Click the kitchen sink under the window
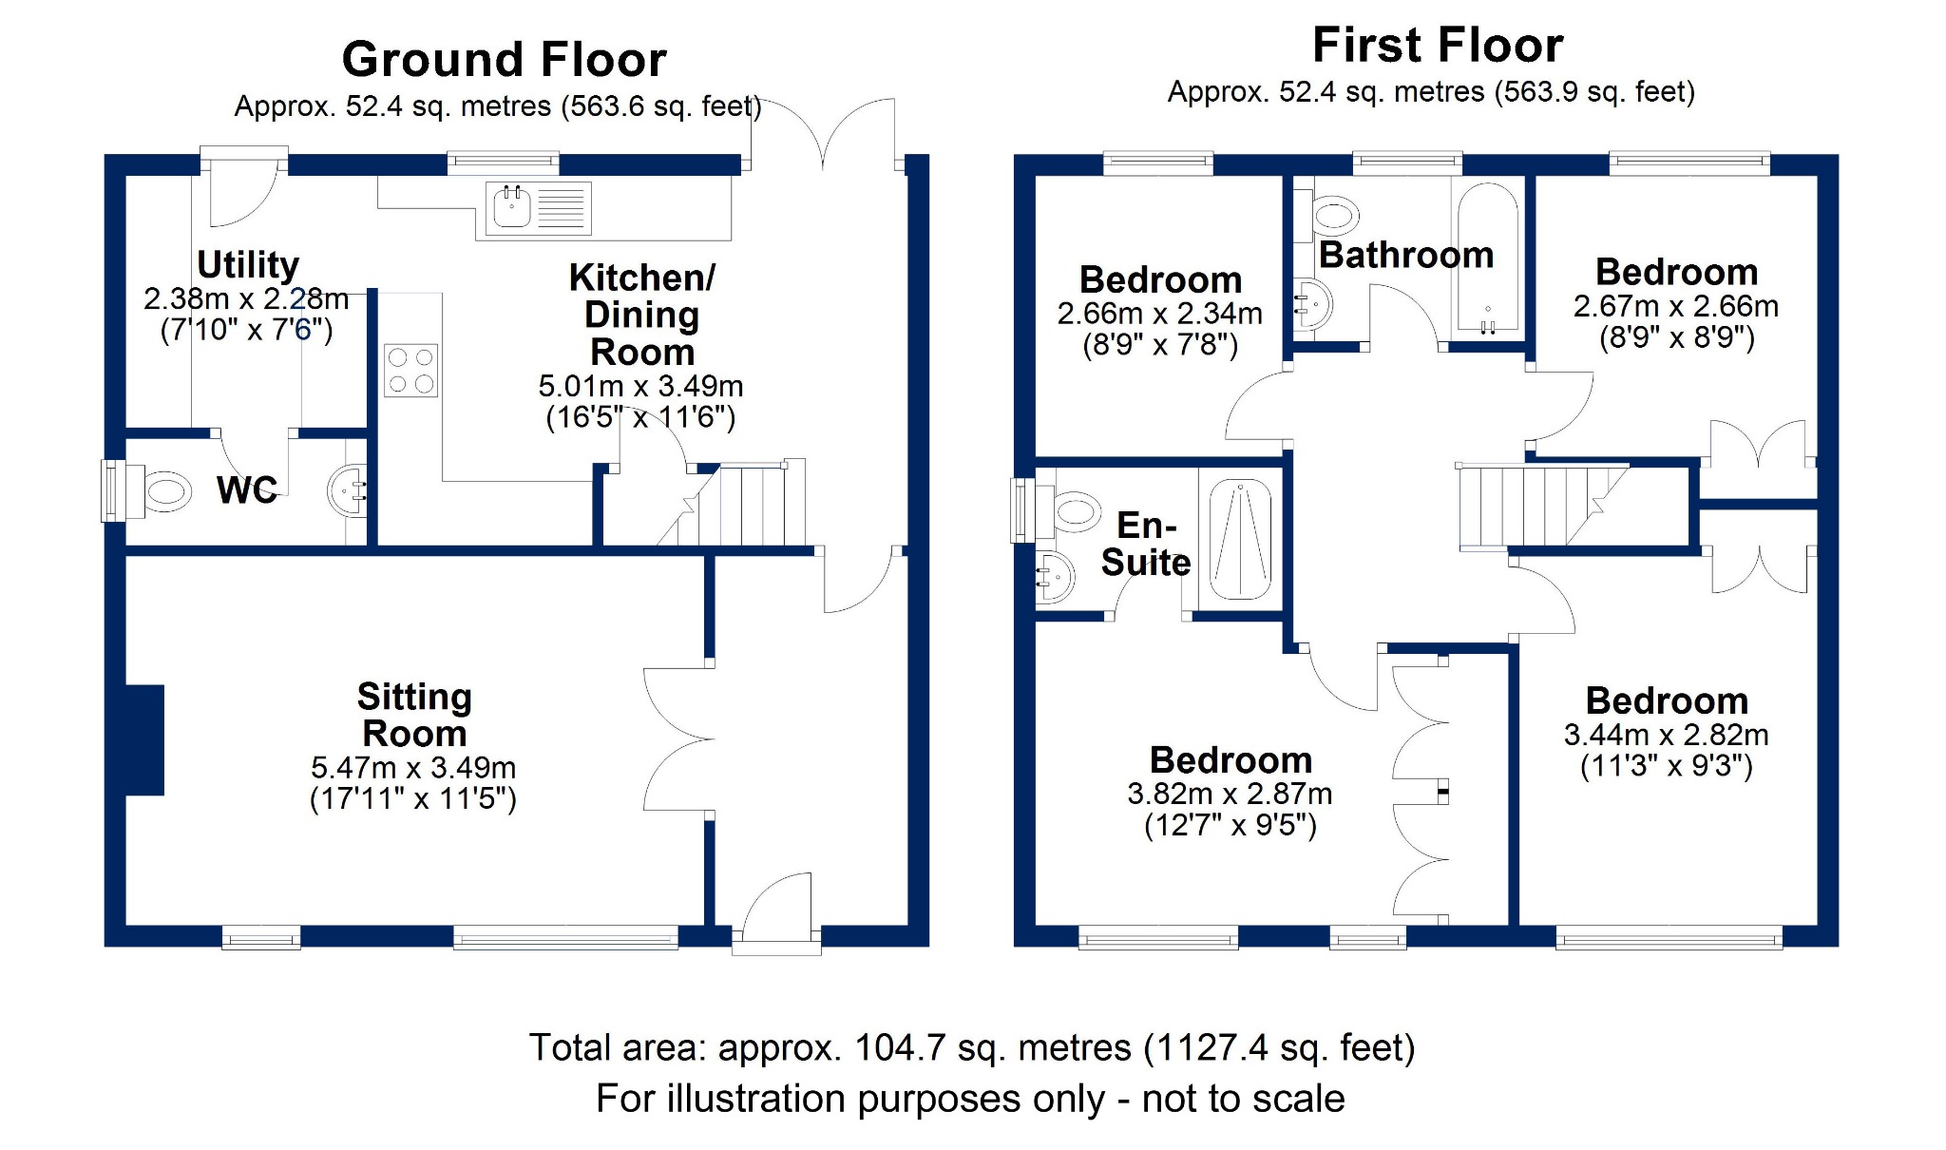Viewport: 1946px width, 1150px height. click(x=539, y=208)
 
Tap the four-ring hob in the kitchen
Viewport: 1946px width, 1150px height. click(x=410, y=371)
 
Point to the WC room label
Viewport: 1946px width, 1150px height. click(x=247, y=490)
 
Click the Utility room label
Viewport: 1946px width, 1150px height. click(x=248, y=264)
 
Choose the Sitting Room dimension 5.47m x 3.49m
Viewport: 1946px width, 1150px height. click(x=413, y=767)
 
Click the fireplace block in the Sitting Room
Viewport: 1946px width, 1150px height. click(x=144, y=739)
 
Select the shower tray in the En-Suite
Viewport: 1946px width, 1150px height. click(x=1240, y=539)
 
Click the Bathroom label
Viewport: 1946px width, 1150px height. click(x=1406, y=255)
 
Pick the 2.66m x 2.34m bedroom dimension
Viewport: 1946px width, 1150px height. click(x=1160, y=313)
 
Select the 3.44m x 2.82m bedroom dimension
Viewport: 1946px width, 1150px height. click(x=1667, y=735)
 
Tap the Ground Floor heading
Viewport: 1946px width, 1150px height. click(x=505, y=59)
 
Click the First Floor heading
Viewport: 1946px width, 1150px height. click(x=1438, y=45)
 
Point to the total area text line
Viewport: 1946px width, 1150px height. click(x=972, y=1047)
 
